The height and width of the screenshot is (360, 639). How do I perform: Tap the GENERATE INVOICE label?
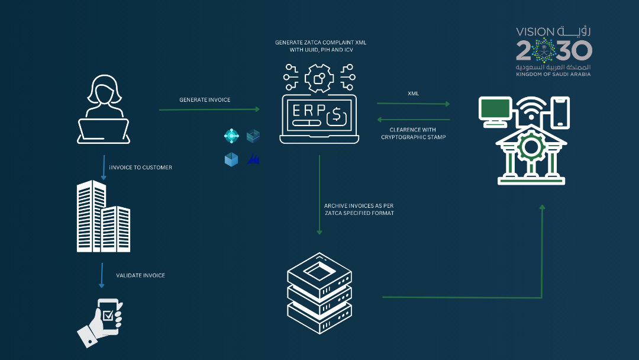click(205, 100)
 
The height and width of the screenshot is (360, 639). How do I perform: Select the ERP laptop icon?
click(319, 118)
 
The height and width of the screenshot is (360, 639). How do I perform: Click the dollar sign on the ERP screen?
click(336, 114)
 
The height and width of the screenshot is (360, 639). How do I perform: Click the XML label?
click(414, 94)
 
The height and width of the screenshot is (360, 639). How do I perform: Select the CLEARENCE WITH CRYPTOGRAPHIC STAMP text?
click(412, 133)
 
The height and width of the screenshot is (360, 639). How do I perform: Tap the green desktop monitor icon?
click(495, 111)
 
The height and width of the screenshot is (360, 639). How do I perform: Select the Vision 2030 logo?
click(553, 50)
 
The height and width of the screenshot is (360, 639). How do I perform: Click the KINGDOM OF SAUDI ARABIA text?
click(553, 74)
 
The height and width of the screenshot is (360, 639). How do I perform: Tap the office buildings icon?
click(103, 216)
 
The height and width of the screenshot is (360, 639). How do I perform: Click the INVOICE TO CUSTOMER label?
click(141, 168)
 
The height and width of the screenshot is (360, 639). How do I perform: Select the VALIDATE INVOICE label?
click(141, 275)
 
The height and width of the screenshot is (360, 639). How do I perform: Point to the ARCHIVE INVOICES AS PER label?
click(359, 205)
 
